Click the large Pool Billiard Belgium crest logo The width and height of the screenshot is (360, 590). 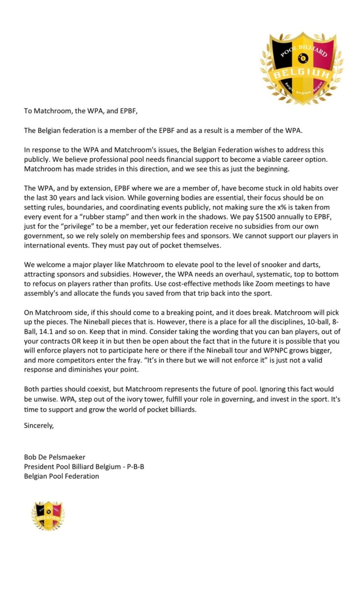[x=301, y=67]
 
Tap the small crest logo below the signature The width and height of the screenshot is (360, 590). [x=48, y=516]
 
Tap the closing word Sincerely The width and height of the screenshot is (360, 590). [x=39, y=426]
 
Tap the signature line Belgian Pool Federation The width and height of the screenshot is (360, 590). [x=61, y=476]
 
